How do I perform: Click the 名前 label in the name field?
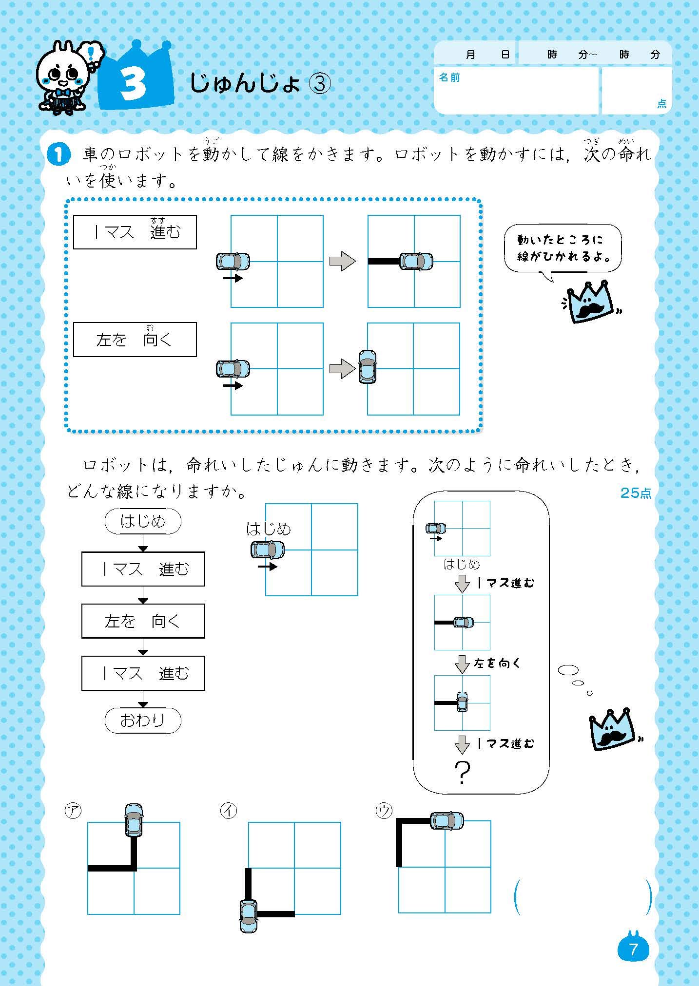click(x=449, y=77)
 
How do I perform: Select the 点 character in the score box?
click(x=661, y=104)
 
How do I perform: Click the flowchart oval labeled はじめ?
click(x=143, y=522)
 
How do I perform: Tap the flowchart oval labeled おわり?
click(x=143, y=720)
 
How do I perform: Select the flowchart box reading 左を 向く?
click(x=143, y=621)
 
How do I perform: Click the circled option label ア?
click(x=73, y=811)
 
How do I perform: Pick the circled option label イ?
click(x=228, y=811)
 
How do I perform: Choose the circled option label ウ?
click(x=384, y=811)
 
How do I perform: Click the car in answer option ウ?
click(x=447, y=820)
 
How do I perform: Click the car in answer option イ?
click(x=249, y=916)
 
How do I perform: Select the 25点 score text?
click(x=635, y=493)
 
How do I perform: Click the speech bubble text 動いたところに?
click(x=560, y=239)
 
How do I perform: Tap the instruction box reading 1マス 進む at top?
click(x=135, y=232)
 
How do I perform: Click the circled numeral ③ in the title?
click(x=320, y=84)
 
